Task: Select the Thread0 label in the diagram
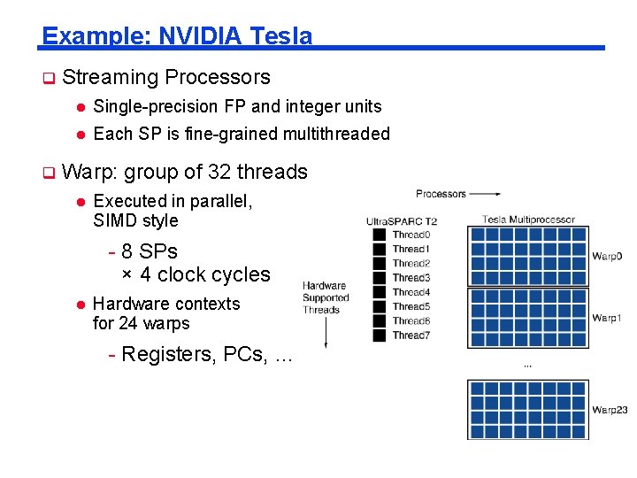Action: point(411,235)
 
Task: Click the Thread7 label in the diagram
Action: point(411,335)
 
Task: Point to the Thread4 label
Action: point(411,292)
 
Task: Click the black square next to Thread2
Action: point(380,263)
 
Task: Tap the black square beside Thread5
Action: point(380,306)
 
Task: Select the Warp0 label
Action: point(607,256)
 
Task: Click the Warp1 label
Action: point(607,317)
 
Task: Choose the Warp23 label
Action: point(610,410)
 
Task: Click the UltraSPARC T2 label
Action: point(402,221)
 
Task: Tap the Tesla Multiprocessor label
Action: point(528,220)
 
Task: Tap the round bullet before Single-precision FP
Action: point(79,107)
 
